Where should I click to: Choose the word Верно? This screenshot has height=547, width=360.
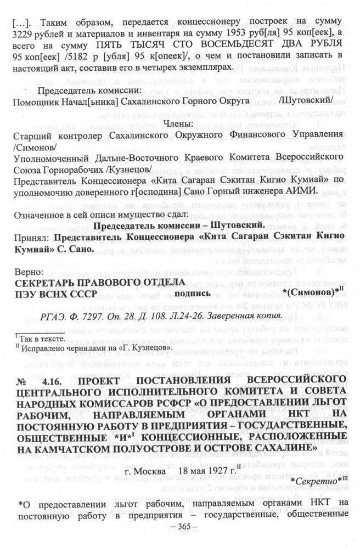[30, 272]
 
